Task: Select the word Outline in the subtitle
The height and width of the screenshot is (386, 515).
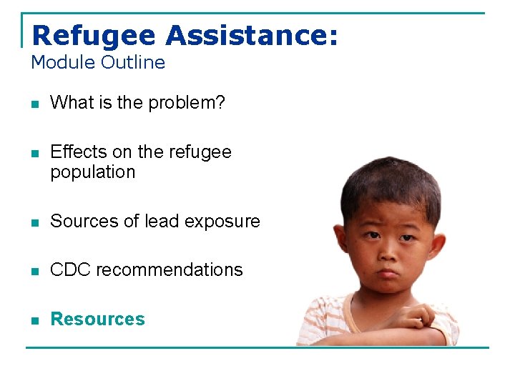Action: click(x=133, y=62)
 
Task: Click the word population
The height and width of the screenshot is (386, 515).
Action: click(x=92, y=172)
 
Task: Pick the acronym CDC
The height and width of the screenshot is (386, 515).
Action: click(x=70, y=270)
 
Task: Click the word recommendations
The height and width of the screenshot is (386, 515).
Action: click(x=170, y=270)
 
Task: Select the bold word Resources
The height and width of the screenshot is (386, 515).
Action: click(x=97, y=320)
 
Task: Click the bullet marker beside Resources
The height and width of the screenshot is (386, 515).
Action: click(x=34, y=320)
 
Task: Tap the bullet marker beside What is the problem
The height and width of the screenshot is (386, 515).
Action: click(x=34, y=104)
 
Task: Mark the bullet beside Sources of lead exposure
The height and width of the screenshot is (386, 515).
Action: click(x=34, y=222)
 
